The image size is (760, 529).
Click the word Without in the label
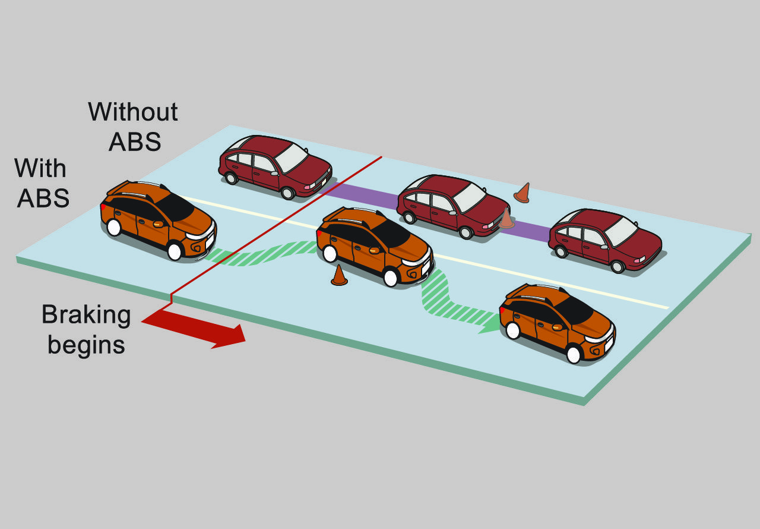[x=133, y=112]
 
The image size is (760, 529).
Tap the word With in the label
[x=40, y=169]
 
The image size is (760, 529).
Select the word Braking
[x=86, y=314]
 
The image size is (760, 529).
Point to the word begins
[x=86, y=344]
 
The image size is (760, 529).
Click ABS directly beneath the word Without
[x=135, y=142]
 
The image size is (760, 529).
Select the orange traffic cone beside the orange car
[x=339, y=275]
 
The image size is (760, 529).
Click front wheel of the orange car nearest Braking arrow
[x=174, y=251]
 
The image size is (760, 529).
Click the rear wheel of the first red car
[x=231, y=177]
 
